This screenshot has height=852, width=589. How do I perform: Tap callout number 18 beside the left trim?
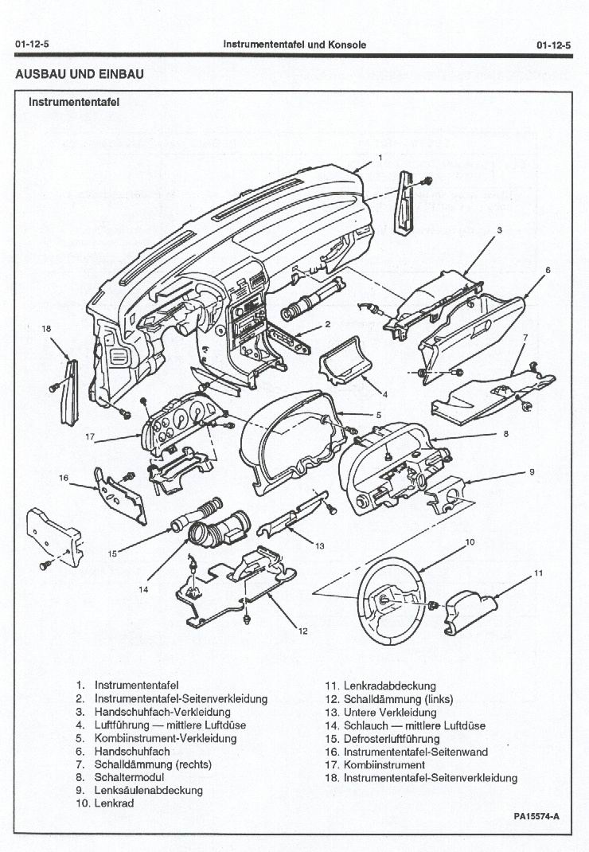click(46, 328)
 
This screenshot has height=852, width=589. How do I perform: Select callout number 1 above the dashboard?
click(380, 158)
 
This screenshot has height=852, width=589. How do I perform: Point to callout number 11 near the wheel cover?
click(538, 573)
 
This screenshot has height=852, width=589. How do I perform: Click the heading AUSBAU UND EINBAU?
click(80, 74)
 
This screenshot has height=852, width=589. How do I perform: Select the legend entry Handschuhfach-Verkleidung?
click(162, 712)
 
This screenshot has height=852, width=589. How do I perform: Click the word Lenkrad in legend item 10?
click(114, 803)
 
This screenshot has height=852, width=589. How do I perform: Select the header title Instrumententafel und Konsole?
click(294, 45)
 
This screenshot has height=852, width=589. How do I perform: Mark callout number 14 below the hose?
click(144, 590)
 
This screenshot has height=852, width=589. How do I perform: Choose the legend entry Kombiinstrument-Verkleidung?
click(166, 738)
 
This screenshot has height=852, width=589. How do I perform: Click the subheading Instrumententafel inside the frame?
click(74, 102)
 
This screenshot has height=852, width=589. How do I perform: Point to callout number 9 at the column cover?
click(532, 472)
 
